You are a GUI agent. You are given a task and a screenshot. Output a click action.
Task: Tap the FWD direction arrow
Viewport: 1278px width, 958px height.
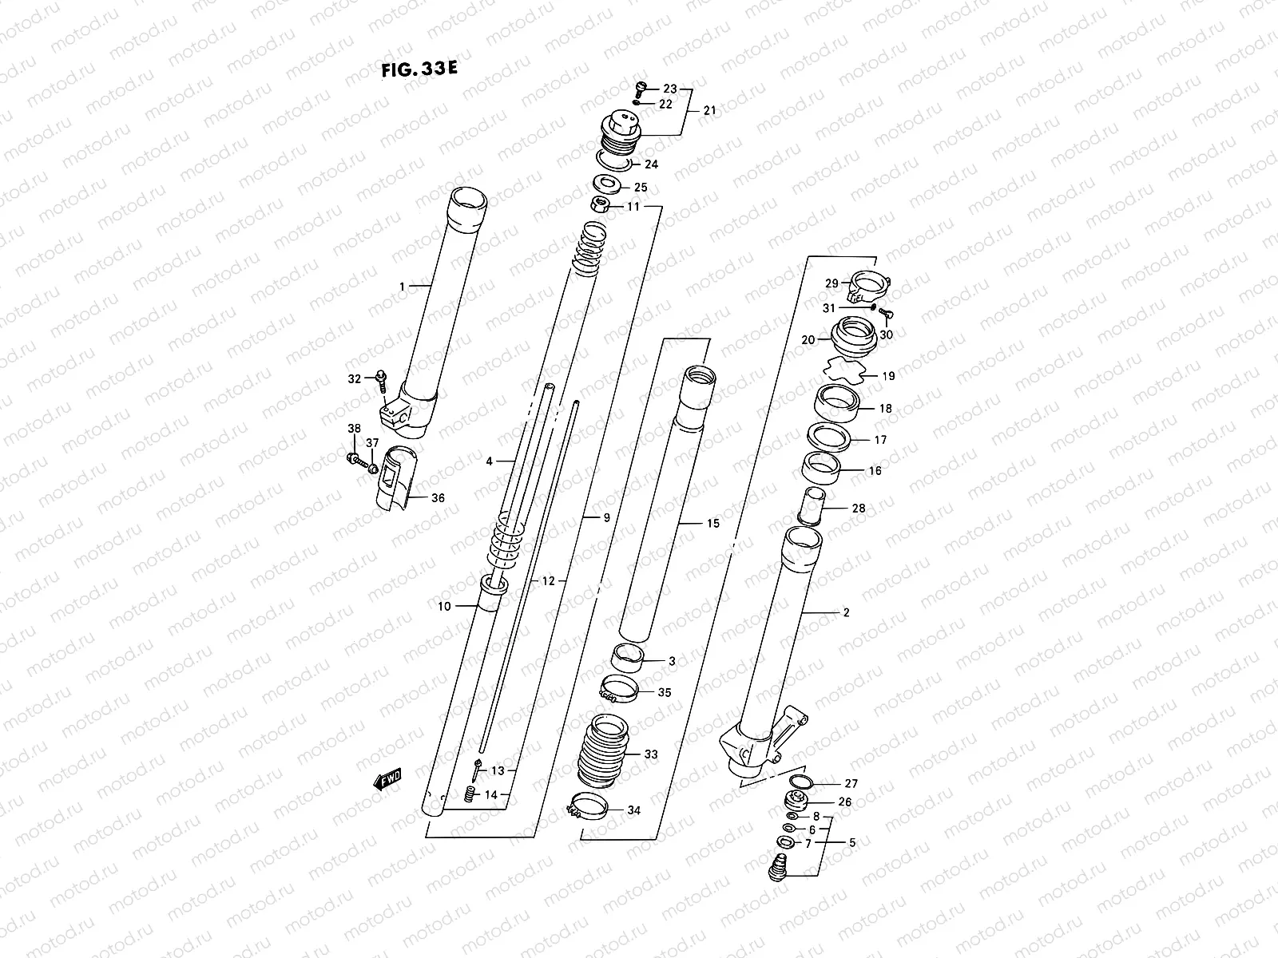[x=387, y=778]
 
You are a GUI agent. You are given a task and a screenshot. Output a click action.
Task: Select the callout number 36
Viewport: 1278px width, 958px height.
[x=438, y=498]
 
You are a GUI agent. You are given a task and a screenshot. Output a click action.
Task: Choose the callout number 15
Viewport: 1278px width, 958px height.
[x=712, y=524]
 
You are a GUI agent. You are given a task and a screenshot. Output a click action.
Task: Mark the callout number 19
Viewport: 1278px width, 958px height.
[x=888, y=376]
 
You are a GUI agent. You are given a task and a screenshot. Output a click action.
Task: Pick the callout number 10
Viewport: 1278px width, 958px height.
[x=444, y=607]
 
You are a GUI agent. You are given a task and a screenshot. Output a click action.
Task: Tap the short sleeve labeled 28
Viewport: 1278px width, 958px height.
[x=813, y=506]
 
